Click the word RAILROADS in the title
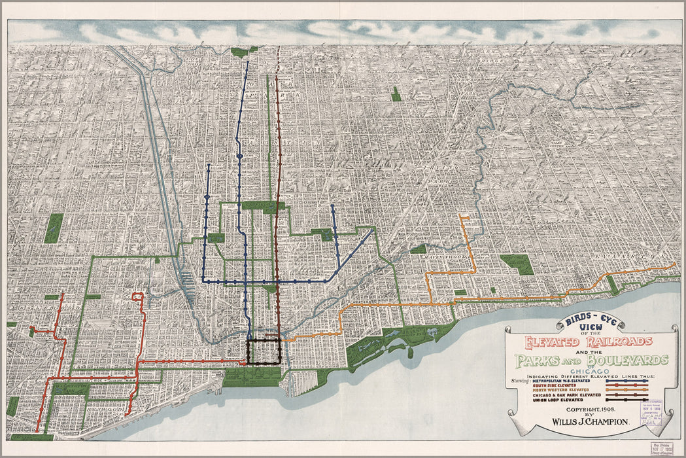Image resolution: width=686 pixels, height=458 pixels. click(x=618, y=342)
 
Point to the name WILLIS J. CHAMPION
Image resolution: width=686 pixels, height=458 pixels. click(x=592, y=421)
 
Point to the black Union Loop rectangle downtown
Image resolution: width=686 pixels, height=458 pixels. click(x=264, y=351)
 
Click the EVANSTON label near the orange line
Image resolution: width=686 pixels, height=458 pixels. click(x=639, y=256)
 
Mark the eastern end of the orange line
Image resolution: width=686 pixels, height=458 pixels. click(x=675, y=264)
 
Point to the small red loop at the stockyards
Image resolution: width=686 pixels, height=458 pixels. click(x=138, y=297)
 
